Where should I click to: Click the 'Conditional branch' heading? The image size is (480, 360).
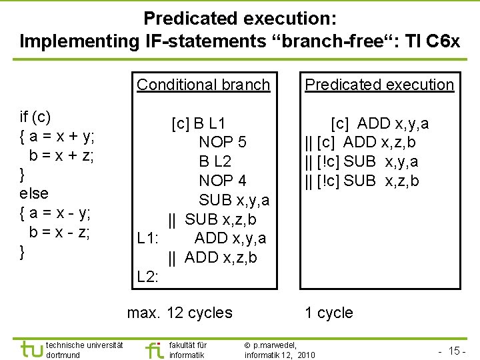coord(203,85)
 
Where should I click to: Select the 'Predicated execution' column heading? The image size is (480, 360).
coord(379,85)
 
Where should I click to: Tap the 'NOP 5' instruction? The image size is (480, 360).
coord(223,142)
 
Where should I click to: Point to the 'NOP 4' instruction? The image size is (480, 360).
coord(223,181)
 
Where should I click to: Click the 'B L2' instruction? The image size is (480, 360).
coord(215,161)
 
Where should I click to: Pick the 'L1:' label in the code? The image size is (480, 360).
coord(147,238)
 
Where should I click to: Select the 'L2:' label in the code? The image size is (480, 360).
coord(147,277)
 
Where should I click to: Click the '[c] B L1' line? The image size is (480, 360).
coord(198,123)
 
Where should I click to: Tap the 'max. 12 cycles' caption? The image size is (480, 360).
coord(180,313)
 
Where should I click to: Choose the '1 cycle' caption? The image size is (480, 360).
coord(329,313)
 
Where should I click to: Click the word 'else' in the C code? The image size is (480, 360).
coord(35,193)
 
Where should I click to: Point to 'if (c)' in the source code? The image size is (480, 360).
coord(36,117)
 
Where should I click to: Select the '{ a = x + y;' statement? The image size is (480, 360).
coord(57,136)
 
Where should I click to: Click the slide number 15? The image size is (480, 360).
coord(456,351)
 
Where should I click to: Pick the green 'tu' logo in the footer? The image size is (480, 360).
coord(30,349)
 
